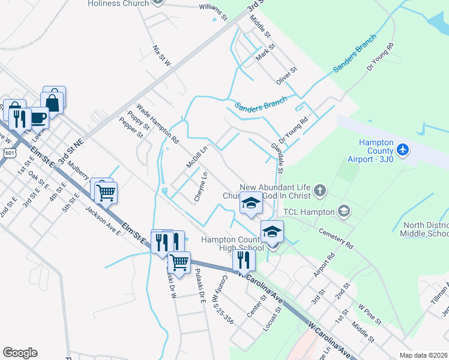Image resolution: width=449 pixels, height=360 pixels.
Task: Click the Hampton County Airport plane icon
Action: click(x=403, y=148)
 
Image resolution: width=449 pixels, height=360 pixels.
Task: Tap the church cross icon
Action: click(x=319, y=191)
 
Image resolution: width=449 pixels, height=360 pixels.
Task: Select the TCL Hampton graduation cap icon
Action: click(x=344, y=211)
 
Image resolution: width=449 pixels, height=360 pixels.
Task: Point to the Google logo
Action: click(x=20, y=353)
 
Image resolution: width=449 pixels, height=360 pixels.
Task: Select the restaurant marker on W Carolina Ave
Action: click(x=243, y=260)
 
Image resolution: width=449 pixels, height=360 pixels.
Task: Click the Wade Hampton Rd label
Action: click(x=158, y=124)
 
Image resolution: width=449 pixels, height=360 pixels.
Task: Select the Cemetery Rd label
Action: click(x=336, y=238)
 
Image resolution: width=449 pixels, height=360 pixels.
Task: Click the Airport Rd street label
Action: click(x=324, y=264)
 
